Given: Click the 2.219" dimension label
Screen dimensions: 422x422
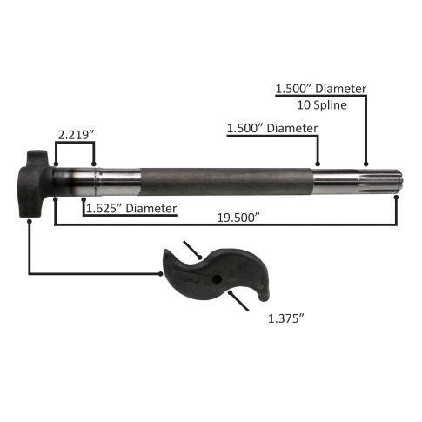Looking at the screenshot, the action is tap(77, 135).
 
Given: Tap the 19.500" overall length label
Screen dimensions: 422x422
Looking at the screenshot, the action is tap(238, 218).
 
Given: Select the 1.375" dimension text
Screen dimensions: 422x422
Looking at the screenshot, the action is tap(286, 318).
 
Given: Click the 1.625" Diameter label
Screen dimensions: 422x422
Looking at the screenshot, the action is tap(131, 209).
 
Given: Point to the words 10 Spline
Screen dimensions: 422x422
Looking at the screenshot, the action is tap(322, 104).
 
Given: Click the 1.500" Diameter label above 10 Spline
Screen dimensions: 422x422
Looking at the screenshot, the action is tap(321, 89).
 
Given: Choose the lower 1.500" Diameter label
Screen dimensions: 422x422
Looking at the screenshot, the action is tap(272, 128).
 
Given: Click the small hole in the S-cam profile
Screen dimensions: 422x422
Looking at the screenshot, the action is tap(217, 279).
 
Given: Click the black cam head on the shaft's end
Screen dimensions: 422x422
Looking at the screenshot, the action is tap(34, 184).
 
